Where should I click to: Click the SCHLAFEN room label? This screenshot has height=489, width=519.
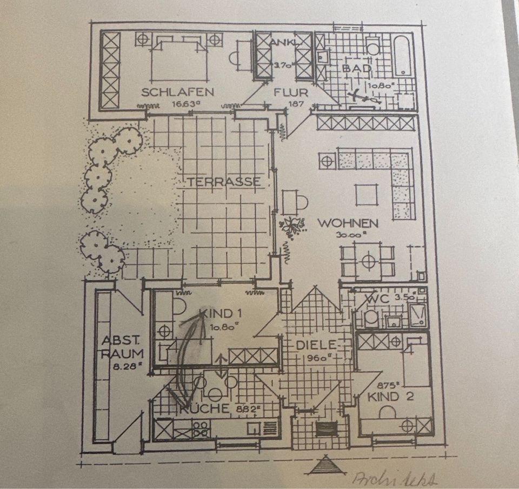tap(177, 92)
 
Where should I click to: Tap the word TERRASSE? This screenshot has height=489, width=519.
tap(224, 182)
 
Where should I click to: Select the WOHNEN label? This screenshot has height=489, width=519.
tap(347, 223)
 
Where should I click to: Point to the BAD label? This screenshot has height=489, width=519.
tap(356, 69)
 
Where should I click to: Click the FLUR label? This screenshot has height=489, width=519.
tap(290, 92)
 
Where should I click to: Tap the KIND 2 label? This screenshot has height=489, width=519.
tap(391, 397)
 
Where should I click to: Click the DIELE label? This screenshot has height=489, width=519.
tap(316, 345)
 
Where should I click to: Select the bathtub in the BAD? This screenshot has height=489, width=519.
tap(403, 57)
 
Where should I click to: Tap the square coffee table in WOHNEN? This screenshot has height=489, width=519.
tap(365, 194)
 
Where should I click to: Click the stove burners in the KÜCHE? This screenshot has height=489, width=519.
tap(199, 429)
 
